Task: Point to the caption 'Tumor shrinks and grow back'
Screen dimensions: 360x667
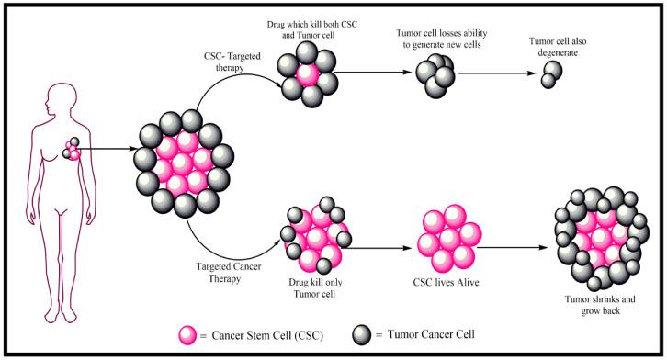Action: (601, 306)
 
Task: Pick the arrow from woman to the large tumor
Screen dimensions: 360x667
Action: (107, 147)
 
